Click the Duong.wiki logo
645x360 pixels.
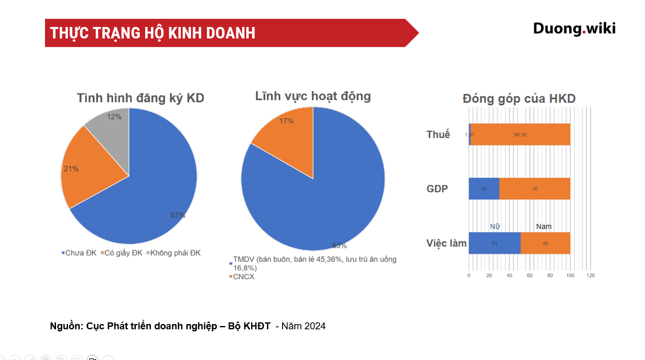coord(574,29)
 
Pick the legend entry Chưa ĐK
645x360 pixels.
coord(79,253)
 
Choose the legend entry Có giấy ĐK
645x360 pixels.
coord(121,253)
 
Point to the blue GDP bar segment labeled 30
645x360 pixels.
coord(484,189)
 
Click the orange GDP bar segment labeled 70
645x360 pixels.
coord(535,189)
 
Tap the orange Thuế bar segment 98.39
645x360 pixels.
coord(520,134)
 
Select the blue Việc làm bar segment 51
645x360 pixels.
coord(494,243)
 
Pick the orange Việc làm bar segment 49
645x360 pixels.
coord(545,243)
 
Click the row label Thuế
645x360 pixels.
coord(438,134)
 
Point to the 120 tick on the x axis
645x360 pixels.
coord(590,275)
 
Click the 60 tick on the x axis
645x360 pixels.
coord(530,275)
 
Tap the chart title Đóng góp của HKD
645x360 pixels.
coord(519,99)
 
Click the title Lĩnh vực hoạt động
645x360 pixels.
coord(313,96)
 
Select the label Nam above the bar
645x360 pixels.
coord(544,226)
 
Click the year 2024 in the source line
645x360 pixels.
coord(315,326)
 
